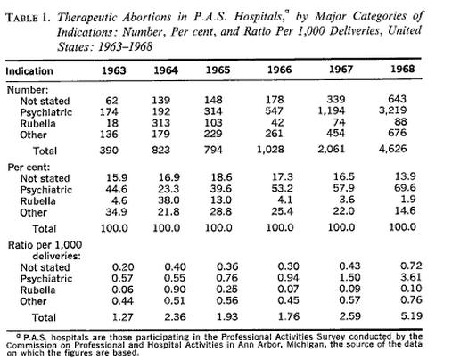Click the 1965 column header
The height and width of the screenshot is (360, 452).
coord(218,70)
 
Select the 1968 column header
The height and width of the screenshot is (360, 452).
coord(403,69)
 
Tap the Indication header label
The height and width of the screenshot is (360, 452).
coord(29,71)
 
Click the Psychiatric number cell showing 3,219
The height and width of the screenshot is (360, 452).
coord(392,110)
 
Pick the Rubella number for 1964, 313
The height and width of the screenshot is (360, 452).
coord(161,123)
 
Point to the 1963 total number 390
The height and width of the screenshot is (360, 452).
coord(109,150)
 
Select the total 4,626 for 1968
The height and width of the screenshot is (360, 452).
coord(392,149)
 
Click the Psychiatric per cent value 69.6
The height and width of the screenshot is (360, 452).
coord(406,188)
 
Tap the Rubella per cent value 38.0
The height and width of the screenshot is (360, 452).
coord(168,200)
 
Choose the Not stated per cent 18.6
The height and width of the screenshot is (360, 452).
coord(221,177)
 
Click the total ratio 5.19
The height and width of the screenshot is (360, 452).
coord(411,315)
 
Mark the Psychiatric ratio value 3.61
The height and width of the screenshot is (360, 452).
coord(411,277)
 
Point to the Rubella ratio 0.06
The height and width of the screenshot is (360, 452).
coord(122,290)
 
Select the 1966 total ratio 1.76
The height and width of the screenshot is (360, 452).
coord(289,316)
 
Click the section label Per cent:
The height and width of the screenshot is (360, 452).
coord(29,168)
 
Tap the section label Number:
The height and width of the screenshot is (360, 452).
coord(28,90)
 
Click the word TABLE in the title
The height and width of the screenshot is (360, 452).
coord(22,18)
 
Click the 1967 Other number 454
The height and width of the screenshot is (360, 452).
coord(335,133)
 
